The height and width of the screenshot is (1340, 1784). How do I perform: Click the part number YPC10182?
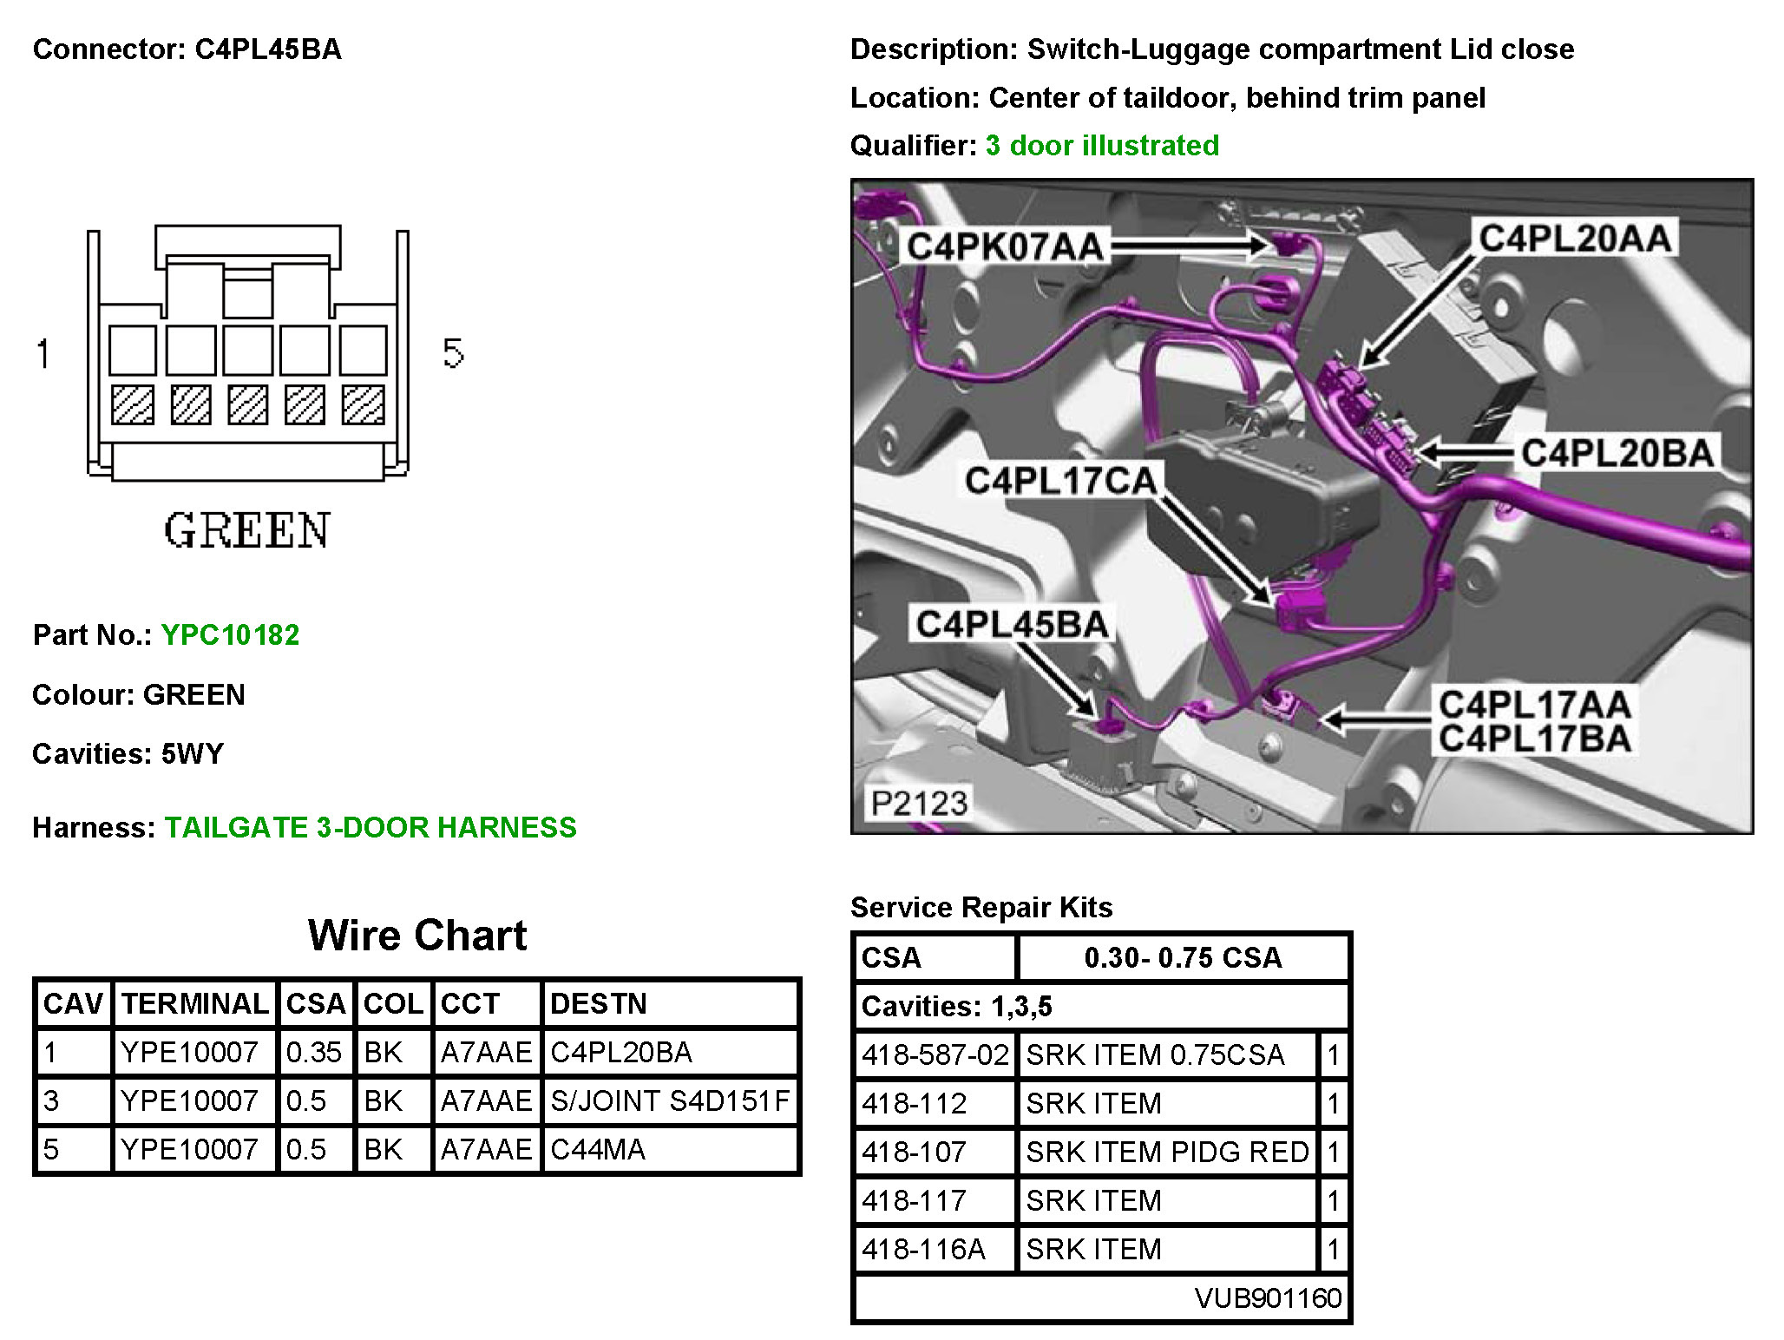point(230,634)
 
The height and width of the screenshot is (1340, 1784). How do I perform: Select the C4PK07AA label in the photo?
point(1004,247)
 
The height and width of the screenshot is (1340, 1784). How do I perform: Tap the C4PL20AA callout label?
point(1574,238)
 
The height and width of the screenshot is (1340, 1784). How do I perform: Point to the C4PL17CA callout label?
point(1060,480)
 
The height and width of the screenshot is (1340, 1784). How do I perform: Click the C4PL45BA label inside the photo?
point(1012,624)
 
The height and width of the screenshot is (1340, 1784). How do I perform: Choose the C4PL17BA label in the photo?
point(1534,739)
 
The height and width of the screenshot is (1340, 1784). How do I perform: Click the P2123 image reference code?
point(918,803)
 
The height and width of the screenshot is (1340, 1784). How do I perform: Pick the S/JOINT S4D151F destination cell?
point(670,1100)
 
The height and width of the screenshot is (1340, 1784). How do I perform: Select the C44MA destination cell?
point(598,1149)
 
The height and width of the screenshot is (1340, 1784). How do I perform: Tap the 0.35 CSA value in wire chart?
point(313,1052)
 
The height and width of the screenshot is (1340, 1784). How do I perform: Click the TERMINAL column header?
point(195,1003)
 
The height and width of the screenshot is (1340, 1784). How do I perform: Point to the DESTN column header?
point(599,1003)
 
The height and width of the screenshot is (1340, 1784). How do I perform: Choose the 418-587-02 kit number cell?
point(935,1054)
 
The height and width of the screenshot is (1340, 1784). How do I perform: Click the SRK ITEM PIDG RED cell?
point(1167,1152)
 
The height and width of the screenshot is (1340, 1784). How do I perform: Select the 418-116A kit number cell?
point(923,1249)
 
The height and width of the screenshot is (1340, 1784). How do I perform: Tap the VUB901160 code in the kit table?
point(1268,1297)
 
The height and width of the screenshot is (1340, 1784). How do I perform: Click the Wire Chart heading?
point(417,936)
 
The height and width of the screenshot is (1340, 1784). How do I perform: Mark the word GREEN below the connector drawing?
point(247,530)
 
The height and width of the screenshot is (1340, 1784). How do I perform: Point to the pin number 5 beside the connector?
point(453,353)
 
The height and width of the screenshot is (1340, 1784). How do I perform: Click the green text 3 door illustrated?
point(1102,145)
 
